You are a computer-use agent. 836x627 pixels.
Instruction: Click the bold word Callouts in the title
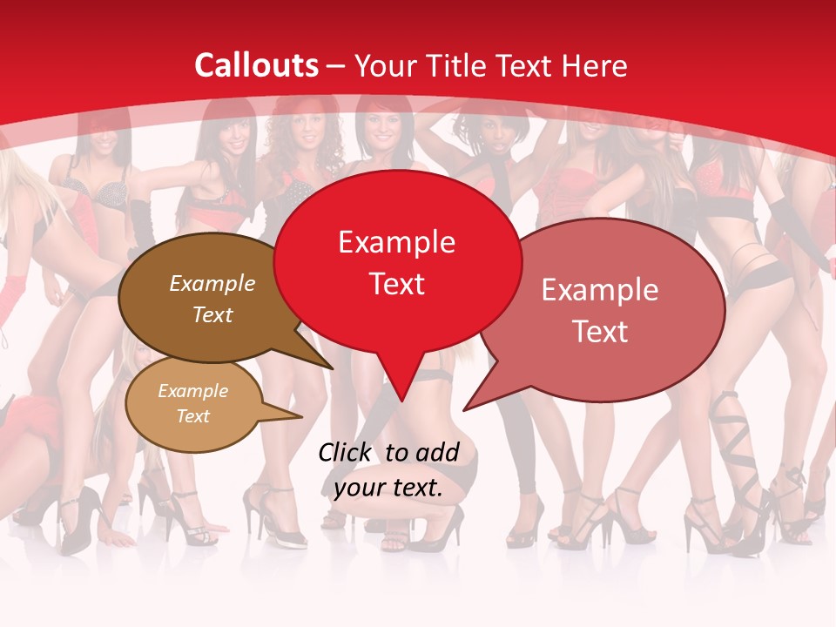coord(256,65)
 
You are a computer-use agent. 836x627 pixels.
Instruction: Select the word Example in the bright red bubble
coord(396,242)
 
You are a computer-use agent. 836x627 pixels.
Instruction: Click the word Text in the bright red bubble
coord(396,284)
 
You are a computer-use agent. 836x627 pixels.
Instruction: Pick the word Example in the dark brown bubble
coord(212,284)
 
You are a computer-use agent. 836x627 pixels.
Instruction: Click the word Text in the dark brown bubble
coord(212,314)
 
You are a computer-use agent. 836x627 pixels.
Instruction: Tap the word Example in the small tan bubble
coord(192,391)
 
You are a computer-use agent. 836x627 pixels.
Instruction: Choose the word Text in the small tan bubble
coord(192,416)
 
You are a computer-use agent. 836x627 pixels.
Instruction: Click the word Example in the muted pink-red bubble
coord(600,290)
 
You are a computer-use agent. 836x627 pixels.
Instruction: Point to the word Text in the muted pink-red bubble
coord(600,331)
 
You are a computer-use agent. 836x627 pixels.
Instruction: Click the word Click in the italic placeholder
coord(345,452)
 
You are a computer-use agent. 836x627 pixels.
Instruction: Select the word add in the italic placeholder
coord(438,452)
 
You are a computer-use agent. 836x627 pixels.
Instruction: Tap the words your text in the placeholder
coord(388,489)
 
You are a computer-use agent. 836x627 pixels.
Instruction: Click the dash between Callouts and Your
coord(336,66)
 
